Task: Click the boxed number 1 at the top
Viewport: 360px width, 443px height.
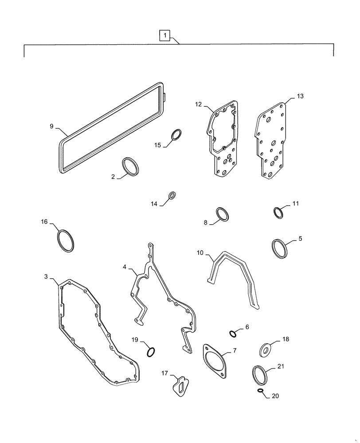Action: [164, 35]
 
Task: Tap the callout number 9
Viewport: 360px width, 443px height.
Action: [52, 127]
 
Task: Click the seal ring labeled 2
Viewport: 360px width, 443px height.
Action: [131, 167]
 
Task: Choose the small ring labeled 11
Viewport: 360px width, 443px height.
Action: [278, 213]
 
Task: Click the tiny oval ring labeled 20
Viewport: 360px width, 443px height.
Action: [261, 391]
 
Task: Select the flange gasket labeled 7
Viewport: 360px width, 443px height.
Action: [215, 360]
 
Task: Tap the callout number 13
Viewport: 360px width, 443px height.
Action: [301, 96]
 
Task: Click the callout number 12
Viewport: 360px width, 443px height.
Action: [198, 104]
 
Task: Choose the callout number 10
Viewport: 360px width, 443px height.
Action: [200, 253]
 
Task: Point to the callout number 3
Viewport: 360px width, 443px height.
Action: [46, 277]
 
